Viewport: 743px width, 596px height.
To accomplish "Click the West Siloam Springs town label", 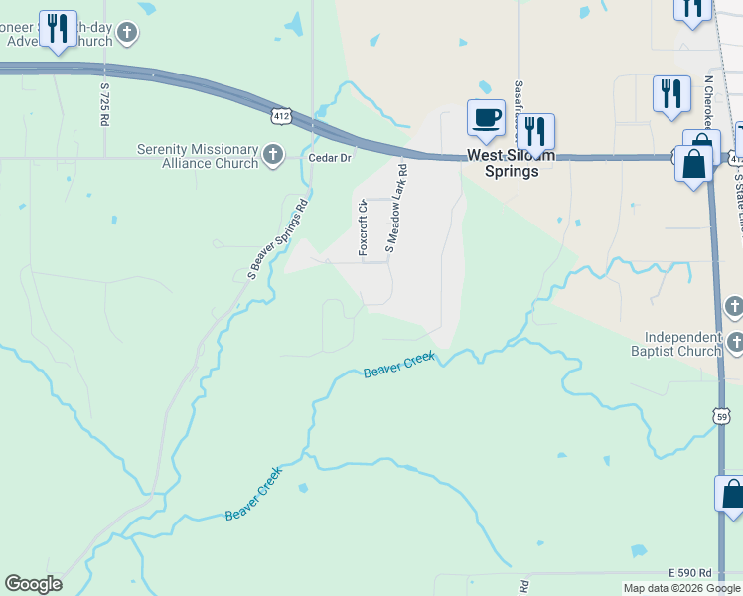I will [504, 163].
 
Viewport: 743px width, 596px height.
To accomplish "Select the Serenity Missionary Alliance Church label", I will [197, 157].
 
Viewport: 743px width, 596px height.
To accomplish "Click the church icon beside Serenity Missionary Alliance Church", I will [273, 155].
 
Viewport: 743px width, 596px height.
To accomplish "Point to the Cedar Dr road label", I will [331, 158].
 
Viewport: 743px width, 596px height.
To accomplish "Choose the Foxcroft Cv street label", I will [364, 227].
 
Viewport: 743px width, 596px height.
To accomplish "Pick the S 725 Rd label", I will [103, 104].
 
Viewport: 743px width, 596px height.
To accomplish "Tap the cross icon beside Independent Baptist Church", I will [734, 344].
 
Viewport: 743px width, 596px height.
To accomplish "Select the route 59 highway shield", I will [722, 416].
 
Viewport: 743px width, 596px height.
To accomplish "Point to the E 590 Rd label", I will [690, 573].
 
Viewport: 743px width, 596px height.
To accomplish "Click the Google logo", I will [33, 584].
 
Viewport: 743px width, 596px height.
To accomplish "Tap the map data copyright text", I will [682, 588].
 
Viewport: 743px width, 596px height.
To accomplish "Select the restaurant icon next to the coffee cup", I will [535, 132].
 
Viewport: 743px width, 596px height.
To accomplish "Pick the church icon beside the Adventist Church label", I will [126, 34].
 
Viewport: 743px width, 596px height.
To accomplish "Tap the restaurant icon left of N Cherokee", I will [671, 94].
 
